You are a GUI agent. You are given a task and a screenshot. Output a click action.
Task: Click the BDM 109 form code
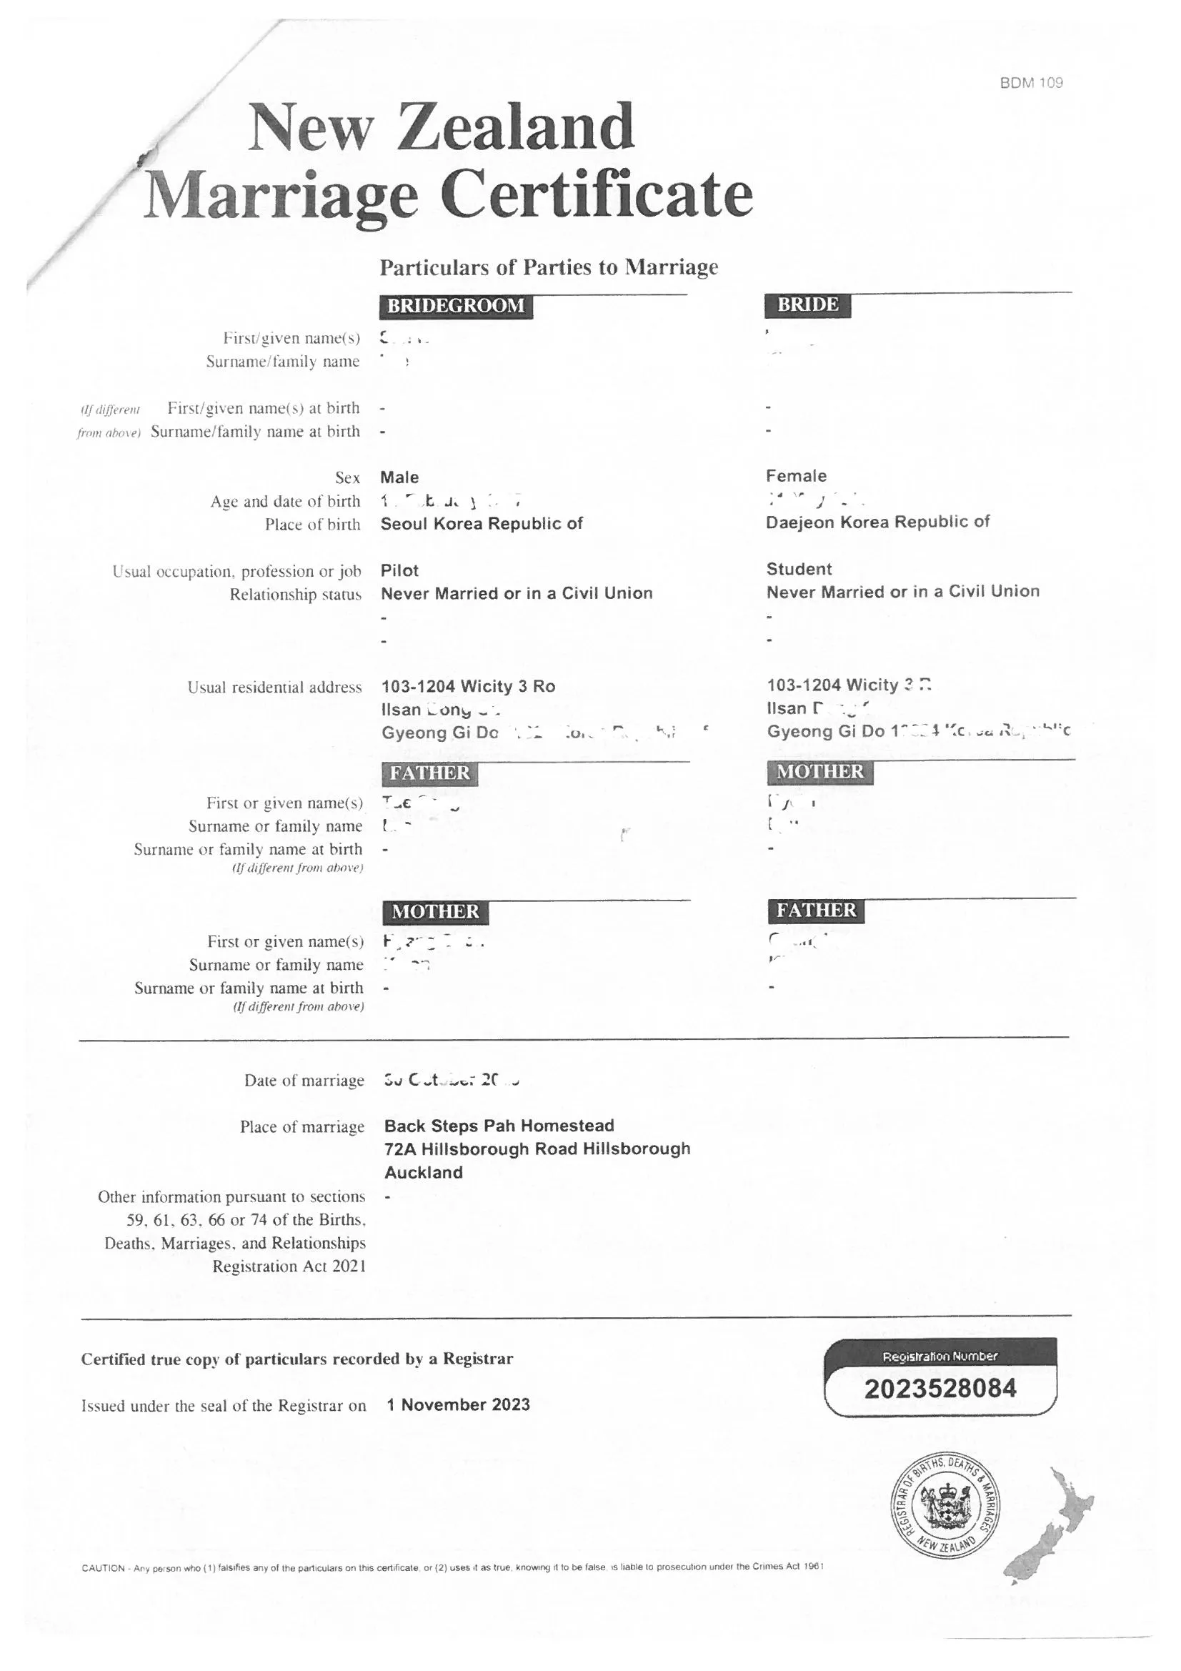tap(1030, 83)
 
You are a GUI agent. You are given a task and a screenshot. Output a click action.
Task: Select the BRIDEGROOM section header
tap(456, 306)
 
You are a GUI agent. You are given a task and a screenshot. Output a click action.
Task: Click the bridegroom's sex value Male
tap(399, 477)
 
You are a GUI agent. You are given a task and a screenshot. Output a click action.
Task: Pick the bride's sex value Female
tap(795, 476)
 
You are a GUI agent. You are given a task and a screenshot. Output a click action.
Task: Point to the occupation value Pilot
tap(399, 570)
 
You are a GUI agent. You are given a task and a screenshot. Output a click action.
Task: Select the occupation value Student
tap(798, 569)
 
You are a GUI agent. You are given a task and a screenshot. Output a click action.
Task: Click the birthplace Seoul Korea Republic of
tap(481, 524)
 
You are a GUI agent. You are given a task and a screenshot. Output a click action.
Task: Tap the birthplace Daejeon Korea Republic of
tap(877, 522)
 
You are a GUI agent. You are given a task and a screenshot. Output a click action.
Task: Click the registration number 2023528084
tap(940, 1389)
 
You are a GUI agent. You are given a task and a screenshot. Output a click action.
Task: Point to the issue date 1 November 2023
tap(458, 1404)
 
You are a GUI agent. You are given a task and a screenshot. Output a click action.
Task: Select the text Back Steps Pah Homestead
tap(499, 1126)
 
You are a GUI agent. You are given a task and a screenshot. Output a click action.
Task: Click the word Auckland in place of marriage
tap(424, 1172)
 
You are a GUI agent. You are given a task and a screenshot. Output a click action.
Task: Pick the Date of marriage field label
tap(304, 1081)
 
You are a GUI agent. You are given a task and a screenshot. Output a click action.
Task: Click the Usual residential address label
tap(274, 688)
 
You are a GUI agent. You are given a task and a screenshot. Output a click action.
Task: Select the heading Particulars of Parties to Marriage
tap(548, 268)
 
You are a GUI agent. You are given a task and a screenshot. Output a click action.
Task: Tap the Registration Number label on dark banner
tap(940, 1357)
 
